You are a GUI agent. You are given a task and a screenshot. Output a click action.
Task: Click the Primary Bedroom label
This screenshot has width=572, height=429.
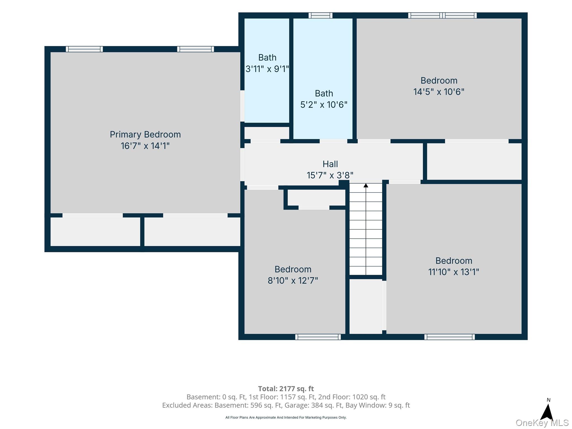[145, 135]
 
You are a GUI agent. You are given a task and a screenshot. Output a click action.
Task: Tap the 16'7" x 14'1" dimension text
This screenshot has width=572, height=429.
[145, 146]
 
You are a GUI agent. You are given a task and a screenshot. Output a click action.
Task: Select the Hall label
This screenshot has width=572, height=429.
[330, 164]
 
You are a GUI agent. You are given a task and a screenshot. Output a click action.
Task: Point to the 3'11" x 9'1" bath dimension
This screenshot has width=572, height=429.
[267, 69]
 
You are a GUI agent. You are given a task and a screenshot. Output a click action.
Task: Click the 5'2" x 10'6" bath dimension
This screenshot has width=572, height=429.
[324, 105]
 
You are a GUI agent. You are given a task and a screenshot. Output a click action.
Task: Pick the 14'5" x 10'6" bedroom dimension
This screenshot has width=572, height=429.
[439, 92]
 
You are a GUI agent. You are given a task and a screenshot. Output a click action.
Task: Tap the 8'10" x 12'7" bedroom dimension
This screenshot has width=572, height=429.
[293, 280]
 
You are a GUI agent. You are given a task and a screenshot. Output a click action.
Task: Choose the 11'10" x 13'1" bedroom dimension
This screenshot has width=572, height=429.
[454, 272]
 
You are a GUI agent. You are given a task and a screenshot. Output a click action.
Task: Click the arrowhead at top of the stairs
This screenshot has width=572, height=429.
[366, 185]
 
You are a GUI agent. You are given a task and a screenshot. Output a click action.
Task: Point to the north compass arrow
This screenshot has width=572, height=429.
[548, 412]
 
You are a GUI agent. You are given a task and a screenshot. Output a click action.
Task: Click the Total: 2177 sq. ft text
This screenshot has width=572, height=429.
[286, 389]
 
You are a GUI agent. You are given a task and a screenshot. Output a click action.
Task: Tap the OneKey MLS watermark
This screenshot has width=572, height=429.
[542, 423]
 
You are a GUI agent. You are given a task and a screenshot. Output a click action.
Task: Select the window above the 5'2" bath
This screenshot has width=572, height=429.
[321, 15]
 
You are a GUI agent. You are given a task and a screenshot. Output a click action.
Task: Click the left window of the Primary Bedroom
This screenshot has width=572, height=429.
[84, 49]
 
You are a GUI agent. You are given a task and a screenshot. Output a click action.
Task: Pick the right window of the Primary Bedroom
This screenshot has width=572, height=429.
[196, 49]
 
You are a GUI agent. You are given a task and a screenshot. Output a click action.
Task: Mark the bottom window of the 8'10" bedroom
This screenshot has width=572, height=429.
[318, 337]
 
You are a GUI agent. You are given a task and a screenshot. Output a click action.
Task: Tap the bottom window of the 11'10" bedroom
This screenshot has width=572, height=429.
[450, 337]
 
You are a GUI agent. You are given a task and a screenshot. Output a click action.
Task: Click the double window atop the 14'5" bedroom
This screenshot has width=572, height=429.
[442, 15]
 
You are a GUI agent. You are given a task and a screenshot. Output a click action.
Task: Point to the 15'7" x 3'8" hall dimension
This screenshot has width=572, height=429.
[330, 175]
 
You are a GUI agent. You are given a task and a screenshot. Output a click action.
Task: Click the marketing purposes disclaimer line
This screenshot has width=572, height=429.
[286, 418]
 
